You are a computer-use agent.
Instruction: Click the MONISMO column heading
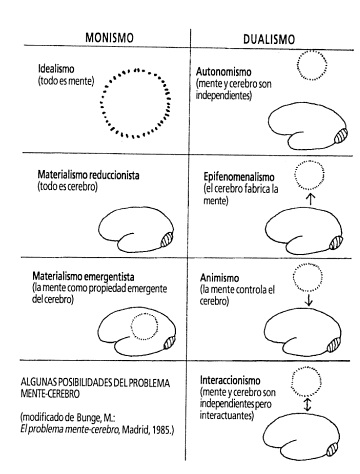(109, 37)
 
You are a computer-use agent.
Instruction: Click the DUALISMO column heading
(269, 39)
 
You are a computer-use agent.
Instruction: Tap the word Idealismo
(56, 69)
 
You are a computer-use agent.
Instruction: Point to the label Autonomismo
(223, 72)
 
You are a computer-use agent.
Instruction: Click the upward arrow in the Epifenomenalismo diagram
(310, 199)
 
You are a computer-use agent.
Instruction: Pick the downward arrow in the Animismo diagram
(308, 300)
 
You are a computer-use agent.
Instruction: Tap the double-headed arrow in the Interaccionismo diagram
(307, 405)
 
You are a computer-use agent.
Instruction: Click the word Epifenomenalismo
(239, 177)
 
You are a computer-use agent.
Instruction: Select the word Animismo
(219, 278)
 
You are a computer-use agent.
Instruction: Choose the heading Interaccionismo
(230, 380)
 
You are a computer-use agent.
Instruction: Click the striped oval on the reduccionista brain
(167, 239)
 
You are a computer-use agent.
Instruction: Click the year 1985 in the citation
(163, 430)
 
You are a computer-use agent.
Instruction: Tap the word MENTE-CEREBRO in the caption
(50, 394)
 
